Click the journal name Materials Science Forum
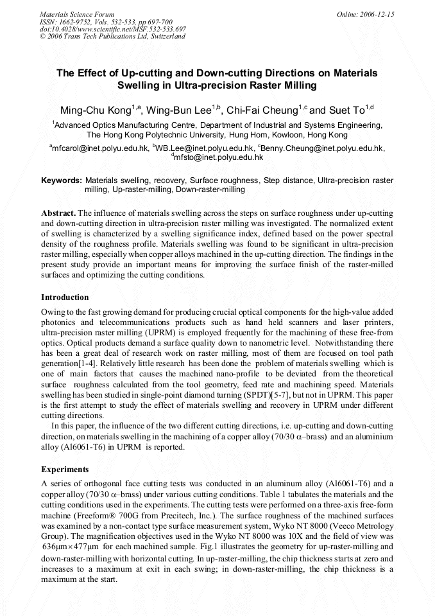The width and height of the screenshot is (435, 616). [77, 14]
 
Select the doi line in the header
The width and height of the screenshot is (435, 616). [112, 29]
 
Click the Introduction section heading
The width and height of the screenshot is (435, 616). [65, 297]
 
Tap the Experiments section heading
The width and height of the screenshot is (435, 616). [65, 470]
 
